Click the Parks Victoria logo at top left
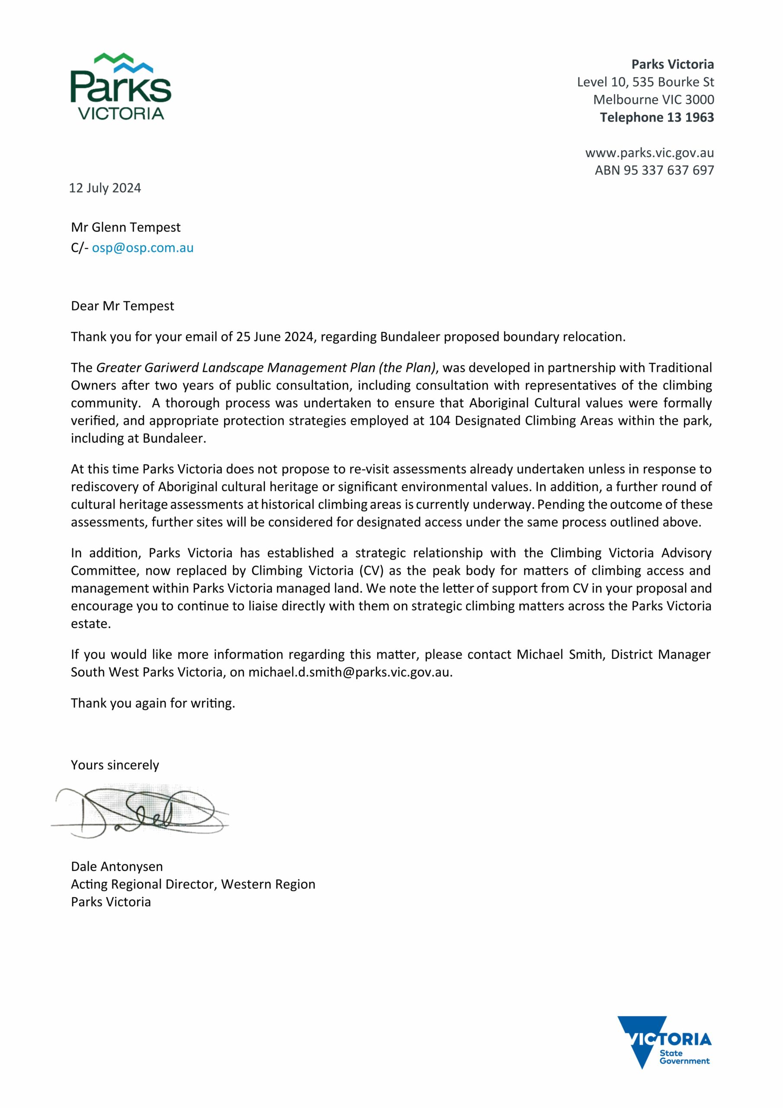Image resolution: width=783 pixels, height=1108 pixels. pyautogui.click(x=121, y=87)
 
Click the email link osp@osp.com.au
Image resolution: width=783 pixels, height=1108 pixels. pyautogui.click(x=142, y=248)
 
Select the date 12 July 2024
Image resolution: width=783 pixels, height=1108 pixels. pyautogui.click(x=105, y=188)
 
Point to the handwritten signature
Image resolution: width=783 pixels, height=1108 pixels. pyautogui.click(x=140, y=813)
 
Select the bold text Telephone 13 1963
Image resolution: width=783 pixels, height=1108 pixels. pyautogui.click(x=657, y=117)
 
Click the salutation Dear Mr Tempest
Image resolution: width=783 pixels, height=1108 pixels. pyautogui.click(x=122, y=306)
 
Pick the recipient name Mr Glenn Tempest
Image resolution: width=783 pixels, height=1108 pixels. pyautogui.click(x=125, y=227)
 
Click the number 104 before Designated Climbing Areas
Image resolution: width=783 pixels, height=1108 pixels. pyautogui.click(x=439, y=420)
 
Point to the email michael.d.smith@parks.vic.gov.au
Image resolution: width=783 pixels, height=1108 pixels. pyautogui.click(x=350, y=672)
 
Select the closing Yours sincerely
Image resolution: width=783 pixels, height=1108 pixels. pyautogui.click(x=115, y=765)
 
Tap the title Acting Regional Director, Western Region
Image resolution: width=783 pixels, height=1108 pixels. pyautogui.click(x=193, y=884)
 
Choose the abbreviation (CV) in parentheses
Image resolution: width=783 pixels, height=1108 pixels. pyautogui.click(x=370, y=570)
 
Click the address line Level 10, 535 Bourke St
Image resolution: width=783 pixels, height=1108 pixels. pyautogui.click(x=645, y=82)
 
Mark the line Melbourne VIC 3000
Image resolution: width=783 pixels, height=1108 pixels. pyautogui.click(x=653, y=100)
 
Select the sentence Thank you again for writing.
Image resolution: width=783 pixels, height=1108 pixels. pyautogui.click(x=153, y=703)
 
